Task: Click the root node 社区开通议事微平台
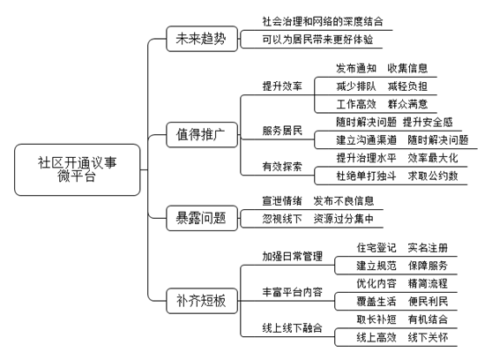pyautogui.click(x=78, y=169)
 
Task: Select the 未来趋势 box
pyautogui.click(x=202, y=39)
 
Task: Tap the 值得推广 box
pyautogui.click(x=202, y=134)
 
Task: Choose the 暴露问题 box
pyautogui.click(x=202, y=218)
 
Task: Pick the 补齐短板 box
pyautogui.click(x=202, y=301)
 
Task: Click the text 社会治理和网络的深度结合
pyautogui.click(x=323, y=21)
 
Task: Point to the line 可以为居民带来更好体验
pyautogui.click(x=317, y=40)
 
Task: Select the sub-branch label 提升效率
pyautogui.click(x=282, y=86)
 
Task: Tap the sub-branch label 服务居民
pyautogui.click(x=282, y=131)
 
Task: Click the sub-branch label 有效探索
pyautogui.click(x=282, y=167)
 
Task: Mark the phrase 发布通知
pyautogui.click(x=356, y=68)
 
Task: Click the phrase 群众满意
pyautogui.click(x=407, y=104)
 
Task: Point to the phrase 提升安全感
pyautogui.click(x=428, y=122)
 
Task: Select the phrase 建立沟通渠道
pyautogui.click(x=366, y=139)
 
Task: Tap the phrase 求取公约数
pyautogui.click(x=433, y=176)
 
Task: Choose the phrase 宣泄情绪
pyautogui.click(x=282, y=200)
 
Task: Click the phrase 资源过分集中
pyautogui.click(x=344, y=219)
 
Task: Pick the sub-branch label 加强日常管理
pyautogui.click(x=292, y=257)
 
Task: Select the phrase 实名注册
pyautogui.click(x=428, y=248)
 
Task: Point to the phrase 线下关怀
pyautogui.click(x=428, y=338)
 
